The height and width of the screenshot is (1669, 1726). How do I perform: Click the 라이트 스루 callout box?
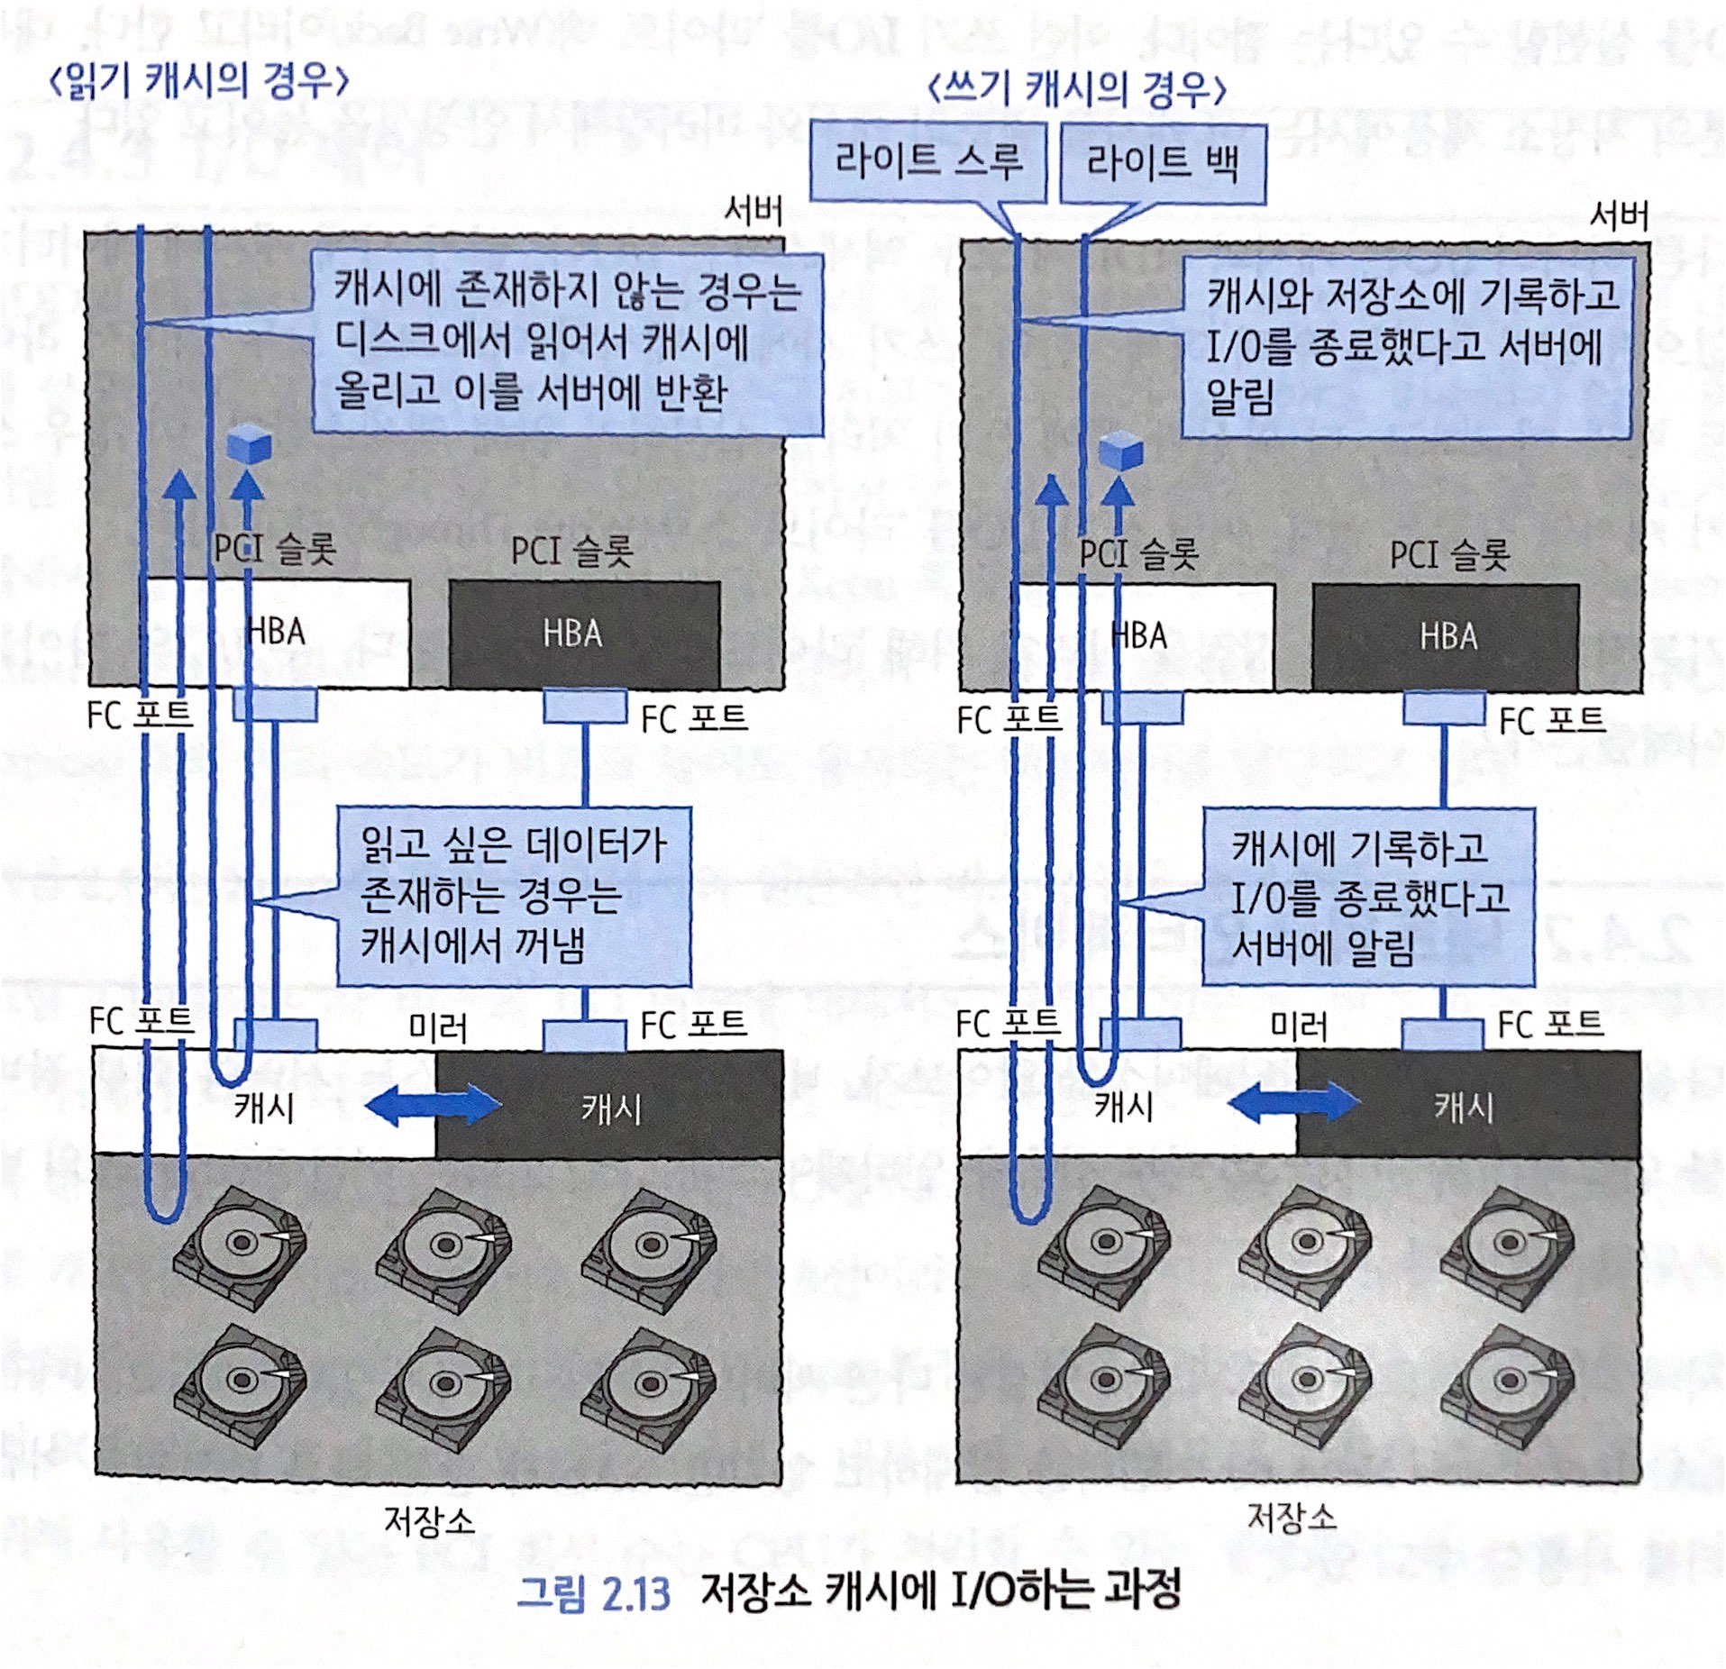pos(927,162)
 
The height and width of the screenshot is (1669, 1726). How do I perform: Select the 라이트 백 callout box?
pos(1162,164)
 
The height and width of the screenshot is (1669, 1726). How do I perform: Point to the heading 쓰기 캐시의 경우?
pos(1076,90)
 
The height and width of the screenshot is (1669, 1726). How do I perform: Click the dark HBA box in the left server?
pos(584,633)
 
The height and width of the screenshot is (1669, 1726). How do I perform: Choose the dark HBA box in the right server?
pos(1446,636)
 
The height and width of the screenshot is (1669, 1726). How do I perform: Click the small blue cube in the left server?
pos(248,444)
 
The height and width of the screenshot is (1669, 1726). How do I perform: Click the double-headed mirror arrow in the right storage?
pos(1294,1103)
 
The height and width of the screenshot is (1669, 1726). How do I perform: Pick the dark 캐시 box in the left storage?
pos(609,1106)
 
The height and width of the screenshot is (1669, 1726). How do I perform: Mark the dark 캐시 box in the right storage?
pos(1467,1106)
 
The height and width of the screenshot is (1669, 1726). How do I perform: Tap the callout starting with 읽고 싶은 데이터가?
pos(514,896)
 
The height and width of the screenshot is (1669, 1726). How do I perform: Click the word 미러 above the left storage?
pos(437,1027)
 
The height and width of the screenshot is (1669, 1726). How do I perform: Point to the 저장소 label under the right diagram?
pos(1292,1517)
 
